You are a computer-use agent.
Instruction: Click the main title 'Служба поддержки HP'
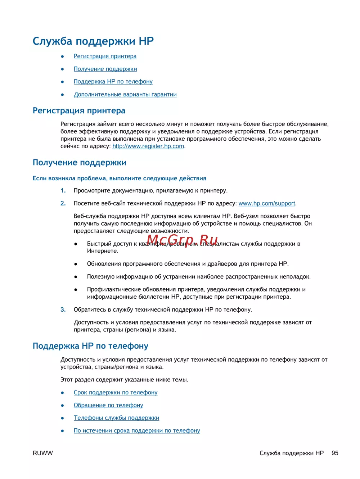click(93, 41)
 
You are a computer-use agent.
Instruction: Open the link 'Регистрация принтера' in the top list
click(105, 56)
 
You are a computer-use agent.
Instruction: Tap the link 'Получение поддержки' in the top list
click(105, 69)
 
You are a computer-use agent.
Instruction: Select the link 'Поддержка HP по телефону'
click(113, 82)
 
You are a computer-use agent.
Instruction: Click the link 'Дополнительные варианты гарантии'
click(125, 94)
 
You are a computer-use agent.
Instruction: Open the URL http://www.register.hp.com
click(148, 146)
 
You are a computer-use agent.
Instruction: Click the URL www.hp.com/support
click(267, 203)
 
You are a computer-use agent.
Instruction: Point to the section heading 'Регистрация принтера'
click(79, 110)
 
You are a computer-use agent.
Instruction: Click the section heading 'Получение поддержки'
click(79, 163)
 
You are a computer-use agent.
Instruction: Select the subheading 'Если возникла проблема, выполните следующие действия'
click(119, 178)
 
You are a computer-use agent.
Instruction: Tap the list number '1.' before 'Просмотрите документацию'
click(63, 190)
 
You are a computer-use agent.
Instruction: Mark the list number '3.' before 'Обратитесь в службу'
click(63, 309)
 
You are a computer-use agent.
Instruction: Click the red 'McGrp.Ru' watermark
click(182, 240)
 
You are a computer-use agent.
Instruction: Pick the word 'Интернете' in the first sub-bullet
click(102, 251)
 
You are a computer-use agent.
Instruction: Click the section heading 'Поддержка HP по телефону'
click(90, 346)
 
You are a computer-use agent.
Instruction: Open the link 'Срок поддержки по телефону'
click(116, 392)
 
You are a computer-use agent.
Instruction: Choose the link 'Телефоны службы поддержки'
click(116, 418)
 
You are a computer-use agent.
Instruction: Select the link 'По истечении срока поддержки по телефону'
click(137, 430)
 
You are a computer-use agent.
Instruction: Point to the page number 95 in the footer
click(335, 453)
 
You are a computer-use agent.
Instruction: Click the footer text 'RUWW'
click(42, 453)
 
